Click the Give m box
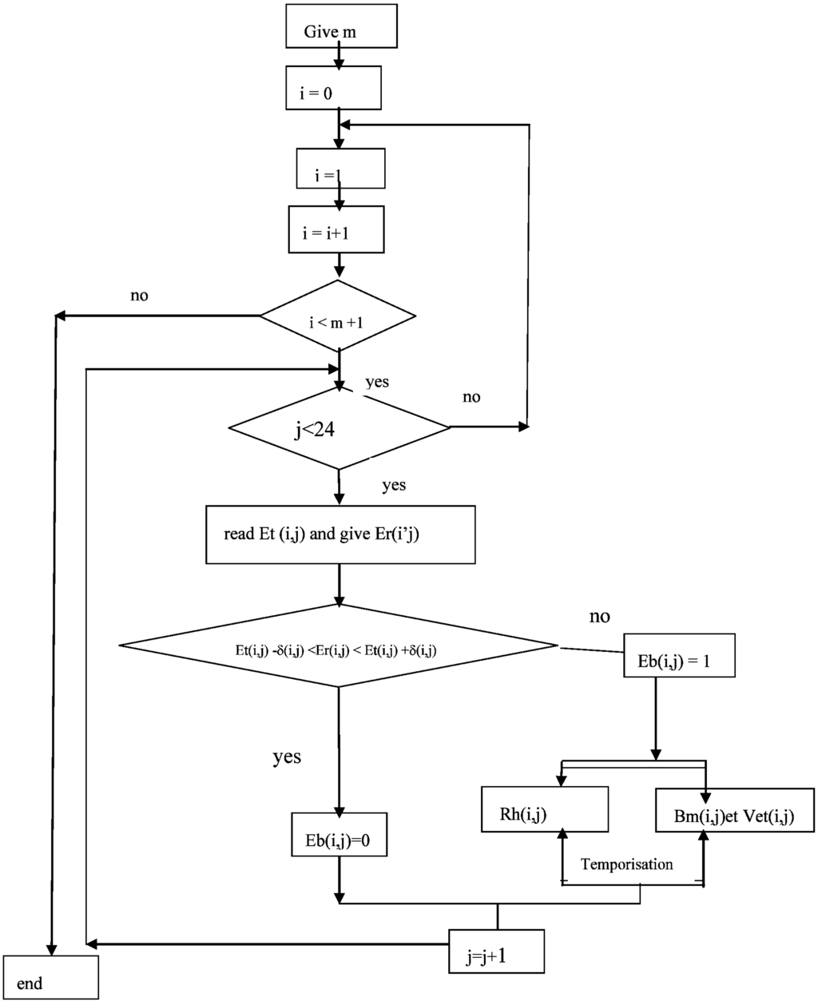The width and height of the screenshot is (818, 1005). pyautogui.click(x=341, y=27)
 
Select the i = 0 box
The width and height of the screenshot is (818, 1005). pyautogui.click(x=334, y=87)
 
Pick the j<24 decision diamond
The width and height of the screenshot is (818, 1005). pyautogui.click(x=340, y=429)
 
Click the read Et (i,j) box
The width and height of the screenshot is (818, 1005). pyautogui.click(x=340, y=534)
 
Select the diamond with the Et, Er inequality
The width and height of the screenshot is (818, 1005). pyautogui.click(x=339, y=646)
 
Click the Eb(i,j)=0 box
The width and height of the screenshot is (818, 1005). pyautogui.click(x=340, y=835)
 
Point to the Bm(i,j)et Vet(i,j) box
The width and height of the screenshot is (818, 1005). pyautogui.click(x=735, y=811)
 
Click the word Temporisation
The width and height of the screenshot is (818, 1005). pyautogui.click(x=626, y=864)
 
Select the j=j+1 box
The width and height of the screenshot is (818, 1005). pyautogui.click(x=496, y=951)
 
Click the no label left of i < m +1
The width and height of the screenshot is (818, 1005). pyautogui.click(x=139, y=296)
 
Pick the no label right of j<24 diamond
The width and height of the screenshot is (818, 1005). pyautogui.click(x=471, y=397)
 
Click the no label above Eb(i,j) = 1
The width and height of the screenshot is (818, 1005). pyautogui.click(x=599, y=616)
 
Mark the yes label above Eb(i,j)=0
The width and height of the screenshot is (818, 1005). pyautogui.click(x=287, y=757)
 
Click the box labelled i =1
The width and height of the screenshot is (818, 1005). pyautogui.click(x=341, y=169)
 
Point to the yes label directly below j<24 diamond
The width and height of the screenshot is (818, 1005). pyautogui.click(x=394, y=485)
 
